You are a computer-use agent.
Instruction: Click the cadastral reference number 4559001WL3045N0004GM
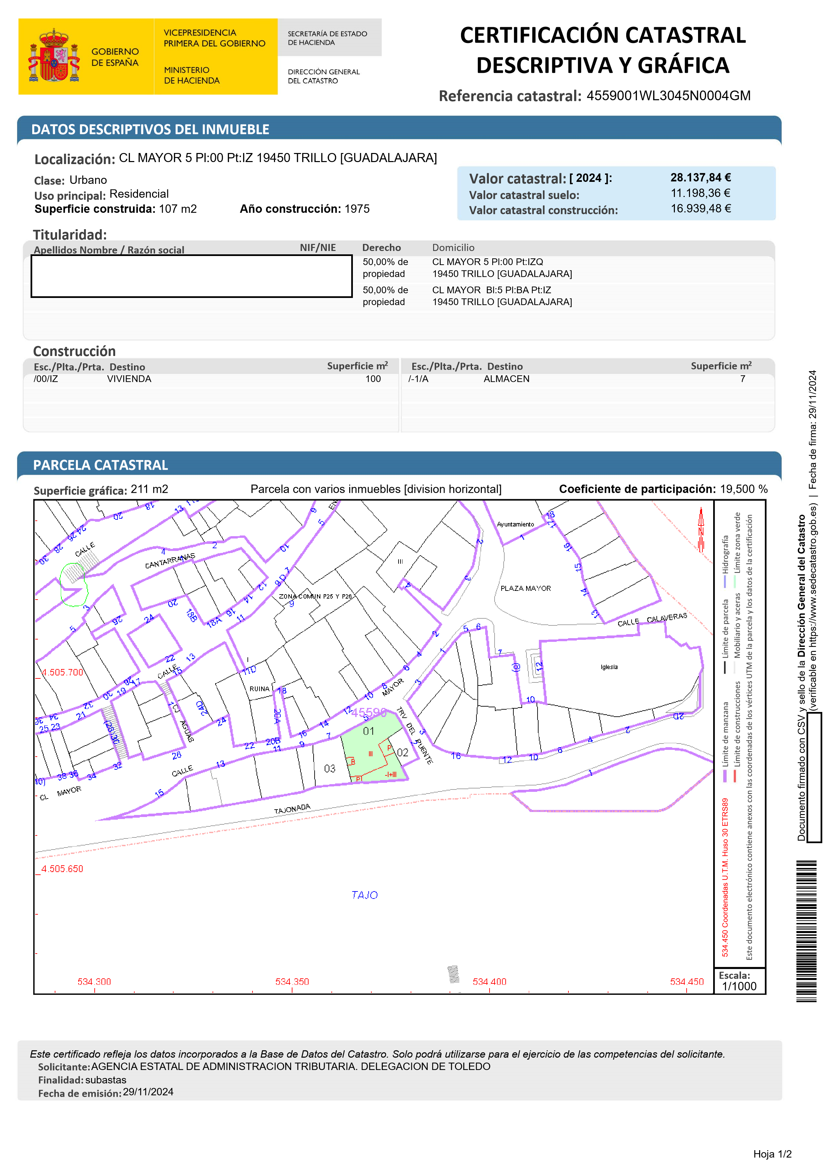(668, 96)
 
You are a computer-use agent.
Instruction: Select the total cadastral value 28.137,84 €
(700, 177)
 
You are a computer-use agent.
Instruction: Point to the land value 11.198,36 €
(700, 194)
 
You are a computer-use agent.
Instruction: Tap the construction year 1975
(357, 209)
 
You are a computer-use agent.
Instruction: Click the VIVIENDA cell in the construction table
(129, 379)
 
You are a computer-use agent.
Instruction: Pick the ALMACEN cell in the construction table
(506, 379)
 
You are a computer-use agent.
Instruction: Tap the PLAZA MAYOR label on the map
(525, 589)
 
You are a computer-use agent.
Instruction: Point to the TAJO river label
(365, 895)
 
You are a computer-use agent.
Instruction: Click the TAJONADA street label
(292, 809)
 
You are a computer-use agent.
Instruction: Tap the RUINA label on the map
(259, 689)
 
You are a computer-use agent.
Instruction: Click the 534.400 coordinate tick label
(489, 981)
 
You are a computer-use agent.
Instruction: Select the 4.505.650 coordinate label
(62, 869)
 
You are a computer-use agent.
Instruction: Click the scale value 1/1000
(739, 986)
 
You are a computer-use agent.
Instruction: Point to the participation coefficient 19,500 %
(743, 489)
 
